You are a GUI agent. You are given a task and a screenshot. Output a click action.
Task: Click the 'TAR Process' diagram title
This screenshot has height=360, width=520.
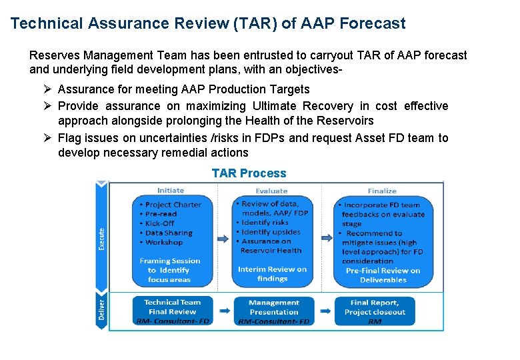point(249,173)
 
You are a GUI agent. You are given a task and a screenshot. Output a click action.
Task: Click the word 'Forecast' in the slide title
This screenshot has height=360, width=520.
point(372,23)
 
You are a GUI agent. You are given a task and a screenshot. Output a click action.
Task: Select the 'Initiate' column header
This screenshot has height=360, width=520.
point(171,190)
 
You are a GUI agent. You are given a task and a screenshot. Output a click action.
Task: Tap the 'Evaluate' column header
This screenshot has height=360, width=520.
point(271,191)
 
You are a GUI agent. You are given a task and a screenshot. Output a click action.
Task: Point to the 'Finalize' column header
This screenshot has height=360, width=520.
point(381,191)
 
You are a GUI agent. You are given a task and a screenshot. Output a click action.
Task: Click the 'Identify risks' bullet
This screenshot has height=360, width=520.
point(265,223)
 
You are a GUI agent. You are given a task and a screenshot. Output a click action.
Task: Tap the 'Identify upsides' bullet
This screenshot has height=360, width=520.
point(270,232)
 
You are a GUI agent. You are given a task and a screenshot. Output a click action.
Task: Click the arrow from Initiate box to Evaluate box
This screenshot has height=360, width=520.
point(223,238)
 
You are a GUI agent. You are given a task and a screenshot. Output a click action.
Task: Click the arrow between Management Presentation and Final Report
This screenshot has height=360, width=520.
point(325,311)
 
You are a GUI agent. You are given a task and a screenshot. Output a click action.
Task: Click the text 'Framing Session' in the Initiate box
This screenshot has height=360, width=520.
point(170,261)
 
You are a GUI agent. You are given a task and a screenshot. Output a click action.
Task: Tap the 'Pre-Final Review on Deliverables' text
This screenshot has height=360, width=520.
point(383,275)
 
